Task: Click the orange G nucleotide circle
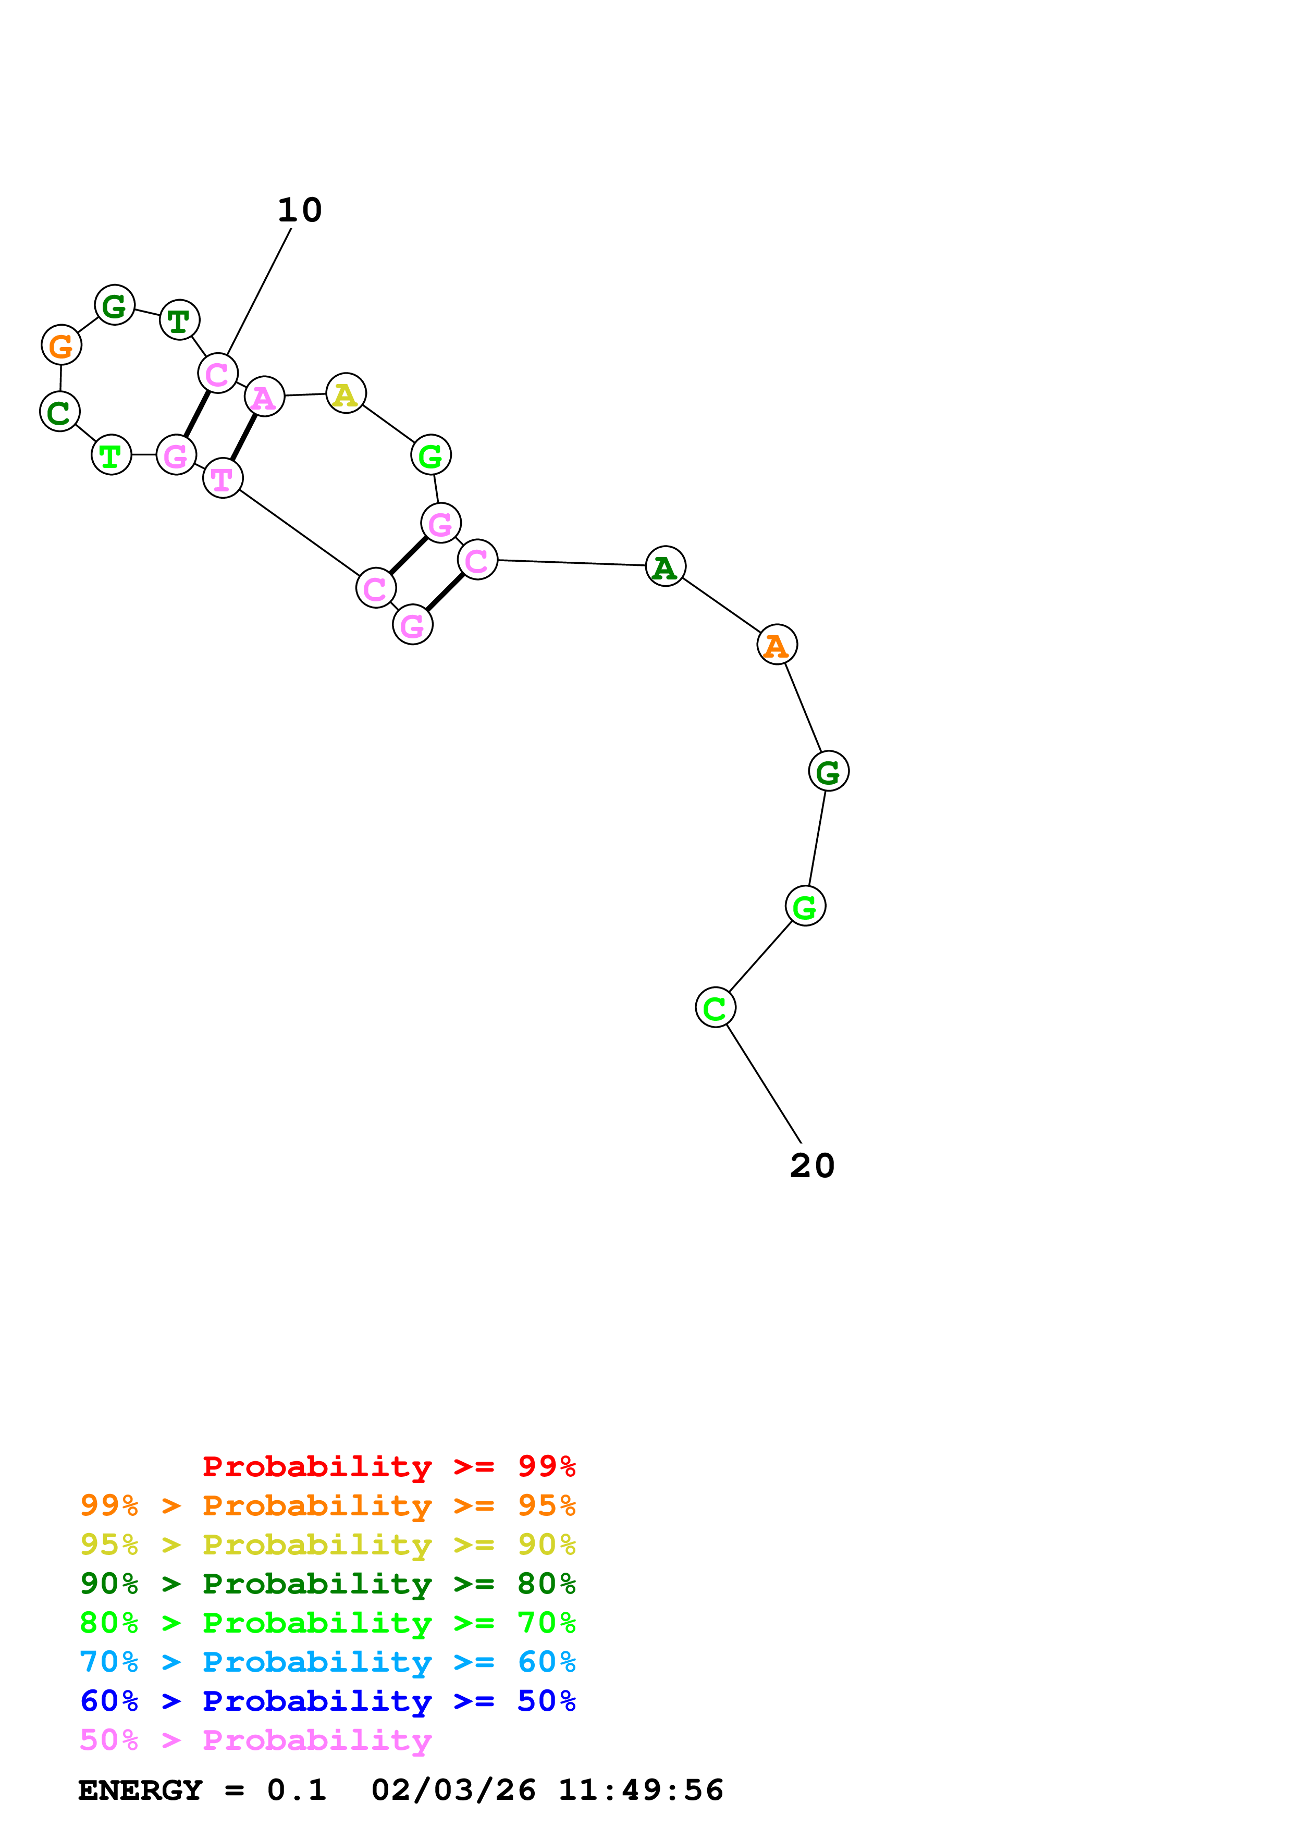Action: (x=61, y=345)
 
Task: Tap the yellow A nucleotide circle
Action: (x=346, y=393)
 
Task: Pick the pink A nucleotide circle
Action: (x=264, y=397)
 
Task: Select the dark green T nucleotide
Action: (x=179, y=320)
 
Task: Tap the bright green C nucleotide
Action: (x=715, y=1007)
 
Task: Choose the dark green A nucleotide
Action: (x=666, y=566)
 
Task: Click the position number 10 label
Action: (x=299, y=210)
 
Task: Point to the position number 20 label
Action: (x=812, y=1166)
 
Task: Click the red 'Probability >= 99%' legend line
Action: (x=388, y=1466)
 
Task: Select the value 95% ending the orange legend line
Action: (x=546, y=1505)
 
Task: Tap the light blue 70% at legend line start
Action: (x=109, y=1662)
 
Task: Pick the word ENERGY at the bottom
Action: (x=140, y=1790)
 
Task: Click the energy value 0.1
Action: (x=297, y=1790)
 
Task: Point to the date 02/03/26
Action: (x=453, y=1790)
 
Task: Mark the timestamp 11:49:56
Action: (x=641, y=1790)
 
